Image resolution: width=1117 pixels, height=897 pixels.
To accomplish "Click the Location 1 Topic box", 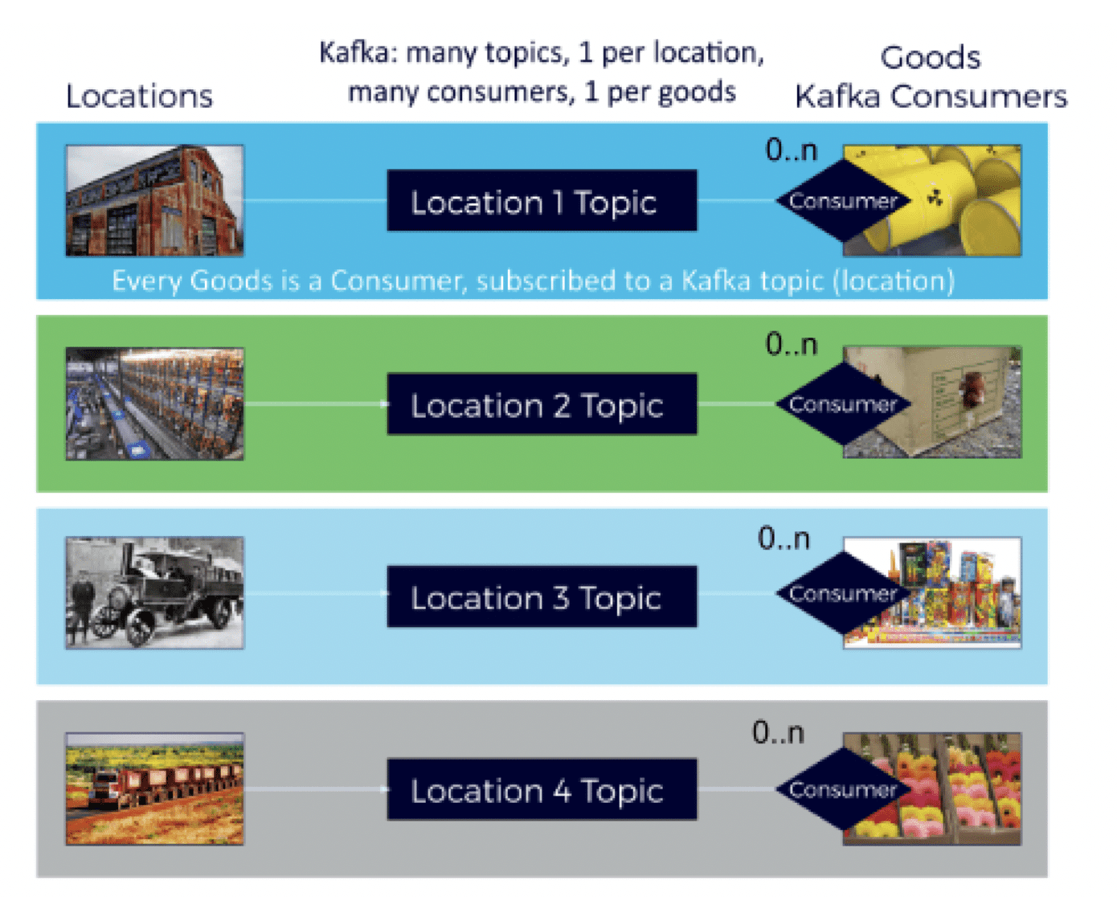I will pos(542,201).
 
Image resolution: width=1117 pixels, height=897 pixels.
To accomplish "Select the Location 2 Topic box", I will pos(542,404).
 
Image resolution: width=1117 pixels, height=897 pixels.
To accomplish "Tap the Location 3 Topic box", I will pos(542,597).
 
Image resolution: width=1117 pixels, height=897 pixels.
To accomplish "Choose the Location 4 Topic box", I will pos(542,790).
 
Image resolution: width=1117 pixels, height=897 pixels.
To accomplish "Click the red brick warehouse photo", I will pos(154,201).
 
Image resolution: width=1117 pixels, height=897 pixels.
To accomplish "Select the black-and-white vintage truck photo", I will pos(154,593).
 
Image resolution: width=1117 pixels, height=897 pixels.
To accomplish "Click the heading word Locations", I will pos(139,96).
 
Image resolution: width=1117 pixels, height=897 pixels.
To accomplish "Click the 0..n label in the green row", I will pos(792,344).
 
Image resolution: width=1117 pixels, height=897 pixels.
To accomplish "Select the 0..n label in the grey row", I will pos(778,732).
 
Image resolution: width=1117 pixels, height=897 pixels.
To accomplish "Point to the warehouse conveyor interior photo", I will pos(154,404).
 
